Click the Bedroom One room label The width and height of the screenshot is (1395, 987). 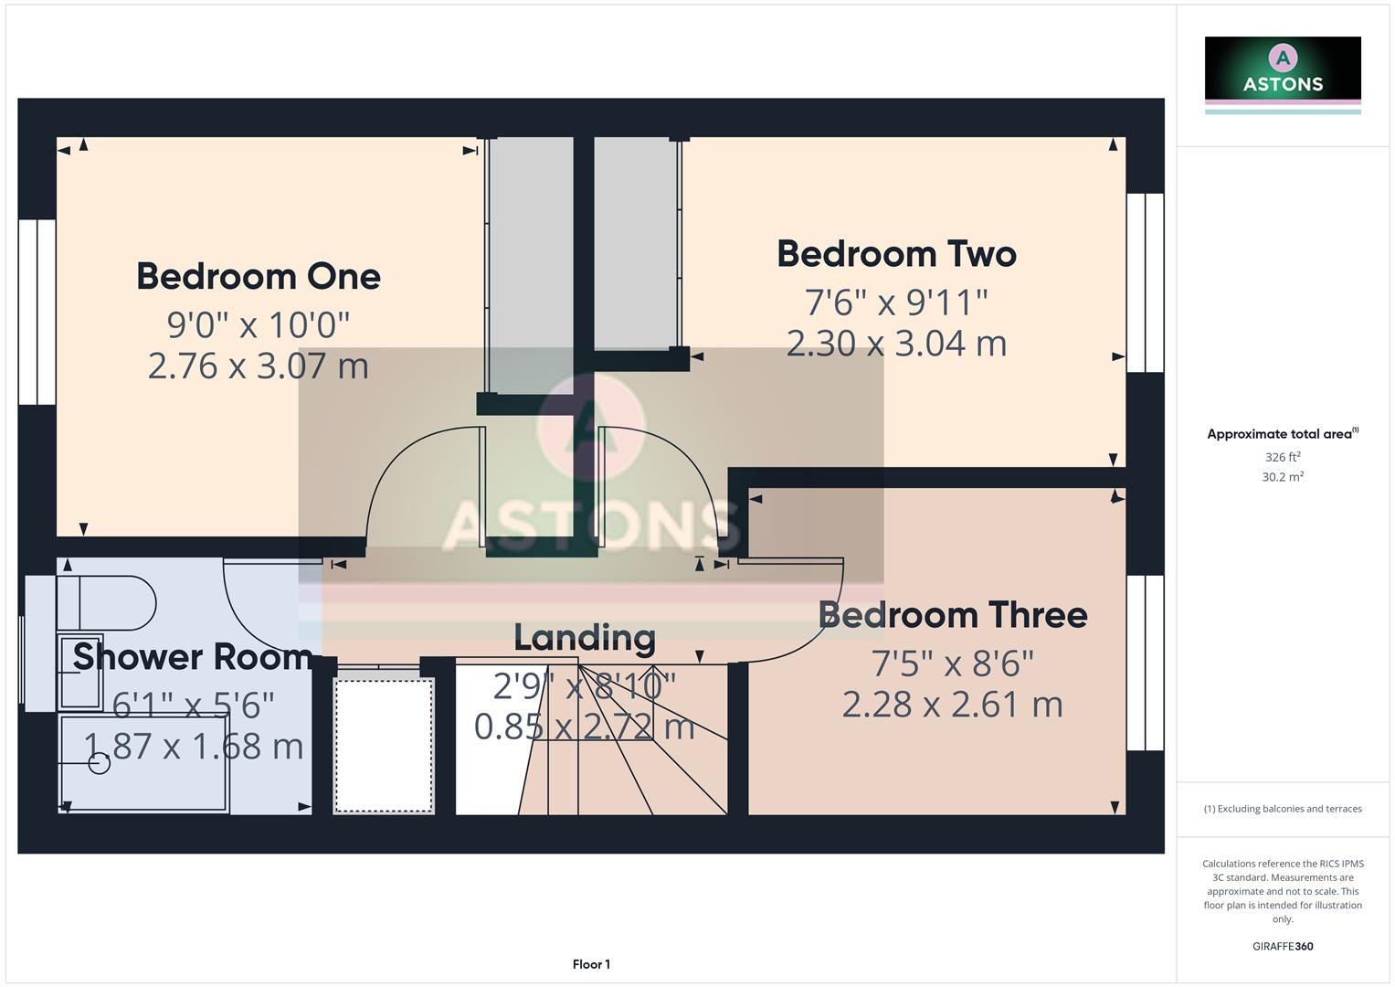259,277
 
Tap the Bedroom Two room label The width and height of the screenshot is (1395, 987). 896,254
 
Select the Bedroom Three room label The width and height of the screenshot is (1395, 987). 952,615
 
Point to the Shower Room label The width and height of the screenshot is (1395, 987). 192,657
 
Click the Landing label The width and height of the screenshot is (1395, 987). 585,638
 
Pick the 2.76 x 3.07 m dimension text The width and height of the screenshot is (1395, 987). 259,366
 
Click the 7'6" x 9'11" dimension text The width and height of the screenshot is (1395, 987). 896,302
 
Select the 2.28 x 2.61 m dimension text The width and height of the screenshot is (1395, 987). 952,705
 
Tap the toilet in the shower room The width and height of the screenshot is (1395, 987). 105,603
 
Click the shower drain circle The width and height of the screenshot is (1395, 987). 100,762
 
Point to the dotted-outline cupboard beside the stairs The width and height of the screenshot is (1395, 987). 384,745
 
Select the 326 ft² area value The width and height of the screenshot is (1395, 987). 1283,457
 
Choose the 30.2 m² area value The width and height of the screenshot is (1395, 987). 1283,477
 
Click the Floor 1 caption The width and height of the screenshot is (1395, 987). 591,964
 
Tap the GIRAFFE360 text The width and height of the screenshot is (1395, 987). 1283,946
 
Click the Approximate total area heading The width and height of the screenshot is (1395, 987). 1282,434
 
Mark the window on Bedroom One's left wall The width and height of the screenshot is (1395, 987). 37,312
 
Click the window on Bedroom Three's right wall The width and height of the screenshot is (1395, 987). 1145,663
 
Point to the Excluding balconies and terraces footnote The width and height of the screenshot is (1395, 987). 1283,809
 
